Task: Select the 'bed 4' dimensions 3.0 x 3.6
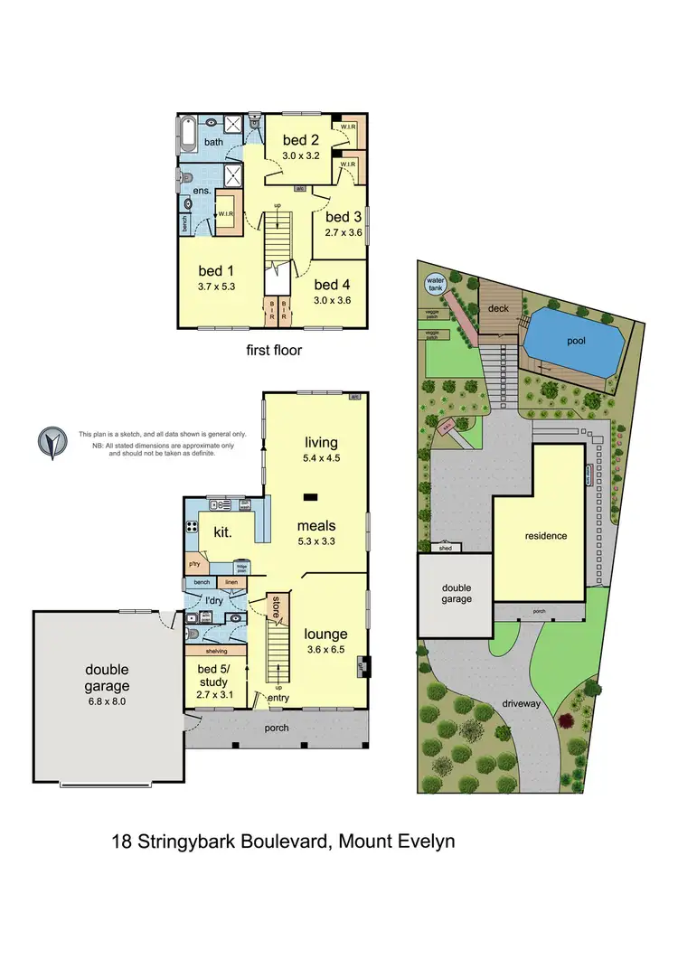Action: pyautogui.click(x=332, y=300)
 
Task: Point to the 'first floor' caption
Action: pyautogui.click(x=273, y=350)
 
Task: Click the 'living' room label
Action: pyautogui.click(x=321, y=443)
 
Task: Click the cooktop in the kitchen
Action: pyautogui.click(x=192, y=525)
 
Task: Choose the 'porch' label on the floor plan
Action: pyautogui.click(x=277, y=728)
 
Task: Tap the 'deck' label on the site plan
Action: pyautogui.click(x=499, y=308)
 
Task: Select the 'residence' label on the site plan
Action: pyautogui.click(x=546, y=536)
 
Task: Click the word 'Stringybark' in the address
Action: pyautogui.click(x=198, y=842)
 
